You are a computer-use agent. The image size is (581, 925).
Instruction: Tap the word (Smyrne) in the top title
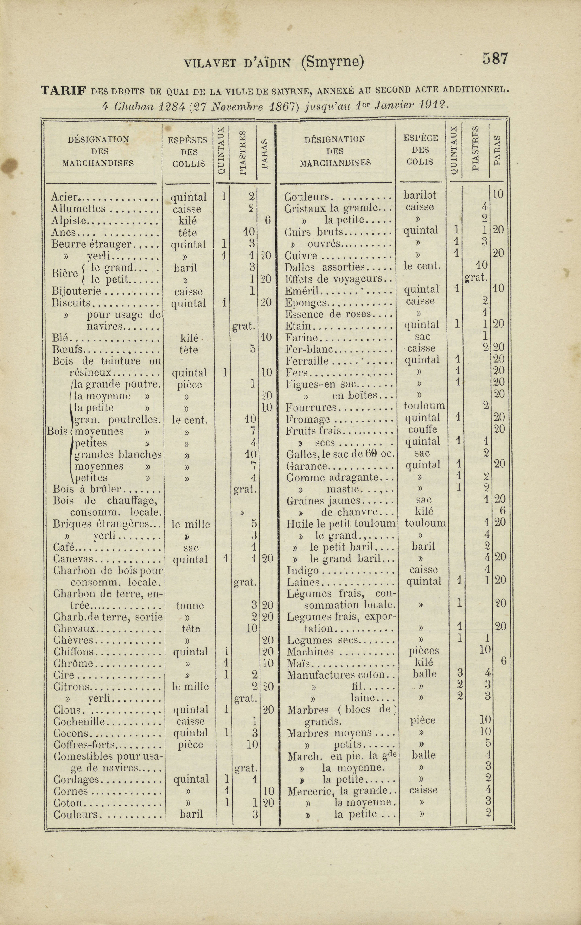pyautogui.click(x=332, y=62)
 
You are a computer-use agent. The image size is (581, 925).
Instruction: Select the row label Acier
pyautogui.click(x=64, y=197)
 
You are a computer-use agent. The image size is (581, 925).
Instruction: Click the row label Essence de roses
pyautogui.click(x=328, y=314)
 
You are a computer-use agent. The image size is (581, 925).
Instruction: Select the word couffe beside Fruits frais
pyautogui.click(x=423, y=429)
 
